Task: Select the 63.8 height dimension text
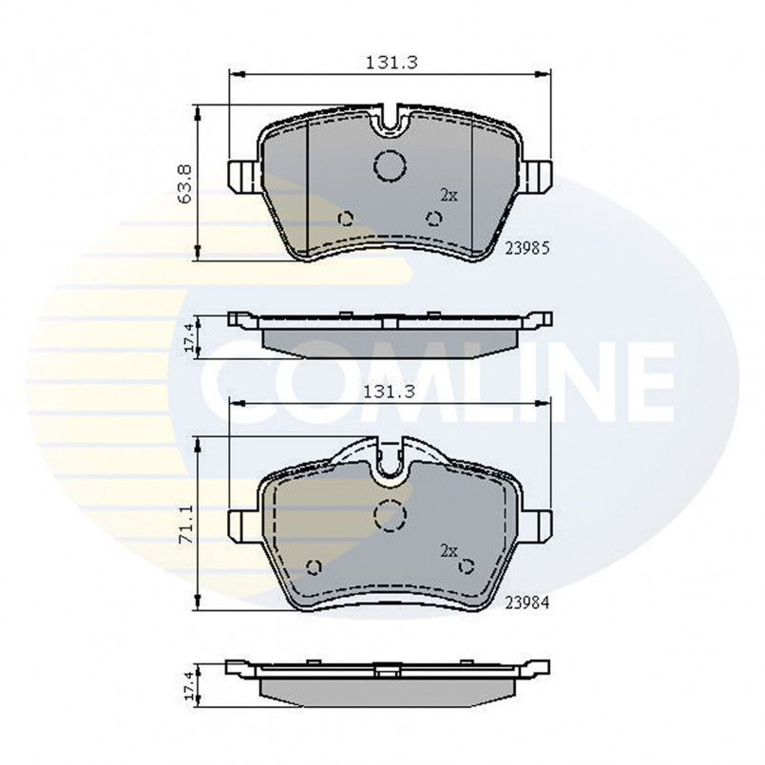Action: [185, 182]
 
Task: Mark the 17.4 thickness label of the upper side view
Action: [189, 336]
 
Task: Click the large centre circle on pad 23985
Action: [390, 166]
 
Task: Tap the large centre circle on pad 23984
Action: [390, 514]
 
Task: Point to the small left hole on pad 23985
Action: [347, 219]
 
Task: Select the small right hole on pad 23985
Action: [434, 219]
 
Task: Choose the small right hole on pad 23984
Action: [466, 567]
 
